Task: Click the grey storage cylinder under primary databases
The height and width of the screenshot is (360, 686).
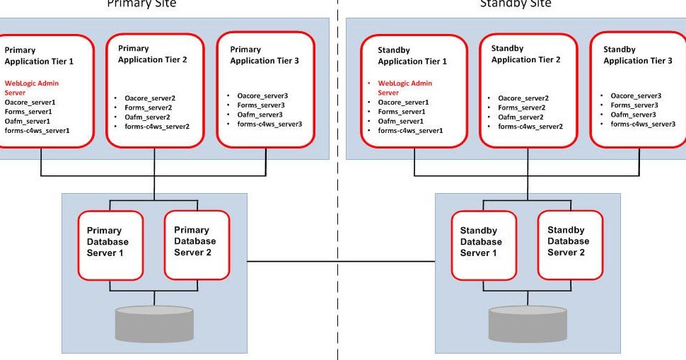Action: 153,324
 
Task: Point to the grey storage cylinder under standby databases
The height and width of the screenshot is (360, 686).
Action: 526,324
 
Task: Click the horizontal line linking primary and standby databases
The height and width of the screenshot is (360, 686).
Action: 341,262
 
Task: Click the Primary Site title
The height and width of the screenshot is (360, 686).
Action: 141,4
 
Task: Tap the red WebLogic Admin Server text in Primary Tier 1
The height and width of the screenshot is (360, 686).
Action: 32,88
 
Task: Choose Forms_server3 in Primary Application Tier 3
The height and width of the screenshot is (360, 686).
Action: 256,105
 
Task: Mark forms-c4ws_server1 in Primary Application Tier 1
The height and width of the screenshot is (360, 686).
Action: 37,130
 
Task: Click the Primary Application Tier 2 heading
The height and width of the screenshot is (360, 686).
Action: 153,54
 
